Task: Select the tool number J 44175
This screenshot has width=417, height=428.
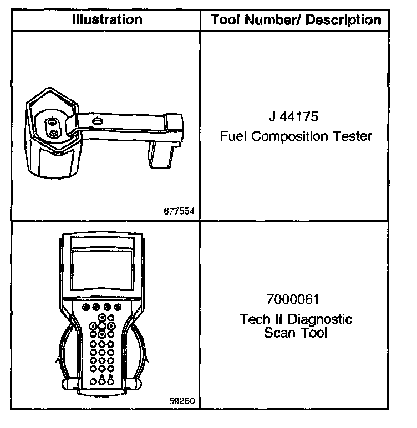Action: click(x=295, y=118)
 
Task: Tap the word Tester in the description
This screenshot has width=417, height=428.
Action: click(x=352, y=136)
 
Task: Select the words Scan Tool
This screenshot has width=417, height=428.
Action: click(x=296, y=333)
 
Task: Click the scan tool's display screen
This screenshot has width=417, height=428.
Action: click(x=103, y=272)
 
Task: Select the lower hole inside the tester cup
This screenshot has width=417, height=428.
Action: click(x=52, y=133)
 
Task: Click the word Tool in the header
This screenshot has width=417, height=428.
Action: click(x=224, y=21)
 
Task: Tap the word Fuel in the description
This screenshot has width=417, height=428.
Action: click(x=233, y=136)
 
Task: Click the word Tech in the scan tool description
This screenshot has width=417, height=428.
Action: click(x=253, y=320)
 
